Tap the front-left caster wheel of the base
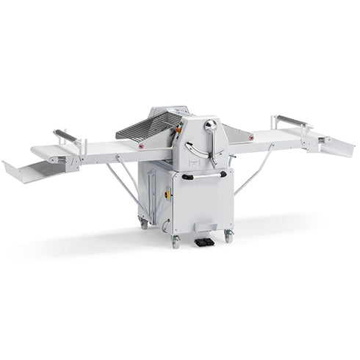(x=176, y=242)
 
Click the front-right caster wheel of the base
(x=228, y=237)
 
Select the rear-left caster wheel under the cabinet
(x=144, y=223)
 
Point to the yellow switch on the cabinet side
(x=167, y=196)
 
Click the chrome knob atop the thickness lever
(x=211, y=126)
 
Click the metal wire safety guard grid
(x=147, y=126)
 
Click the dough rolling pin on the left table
(x=66, y=136)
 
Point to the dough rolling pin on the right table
(x=291, y=120)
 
